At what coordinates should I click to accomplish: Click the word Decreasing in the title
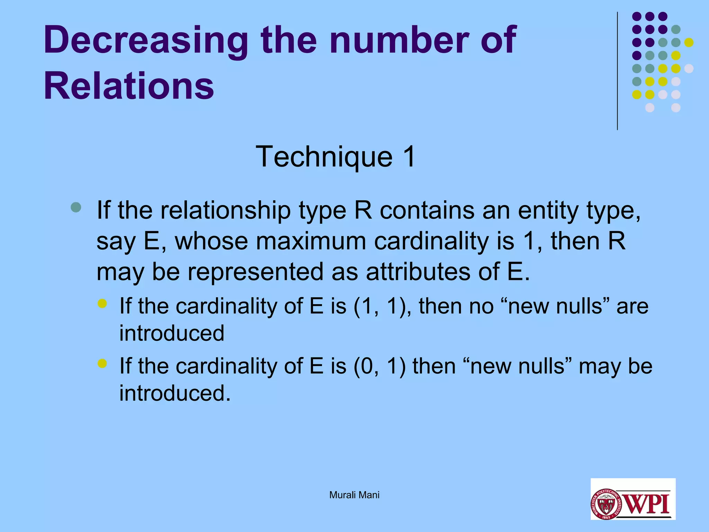point(145,41)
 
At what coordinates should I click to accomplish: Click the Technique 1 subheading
point(335,157)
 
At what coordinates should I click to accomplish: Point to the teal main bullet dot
point(76,207)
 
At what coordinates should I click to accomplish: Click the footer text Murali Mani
point(354,495)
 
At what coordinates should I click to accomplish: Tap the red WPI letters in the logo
point(647,504)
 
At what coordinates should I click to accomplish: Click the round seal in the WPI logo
point(606,504)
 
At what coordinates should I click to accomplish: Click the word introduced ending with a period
point(175,393)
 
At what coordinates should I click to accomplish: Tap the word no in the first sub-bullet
point(481,306)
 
